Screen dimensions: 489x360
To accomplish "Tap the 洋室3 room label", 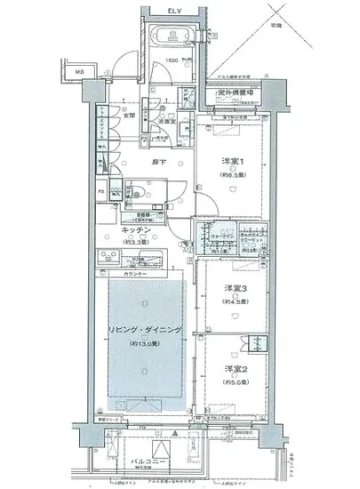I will pos(233,287).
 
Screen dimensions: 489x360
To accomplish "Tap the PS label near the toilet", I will pos(101,191).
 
